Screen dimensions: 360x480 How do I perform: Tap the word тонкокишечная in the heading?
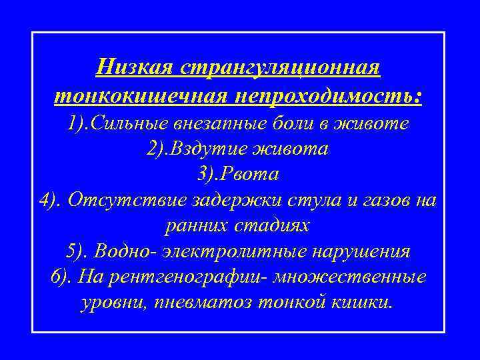tap(139, 95)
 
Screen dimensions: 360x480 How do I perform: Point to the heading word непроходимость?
tap(327, 95)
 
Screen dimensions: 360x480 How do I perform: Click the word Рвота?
tap(253, 175)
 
